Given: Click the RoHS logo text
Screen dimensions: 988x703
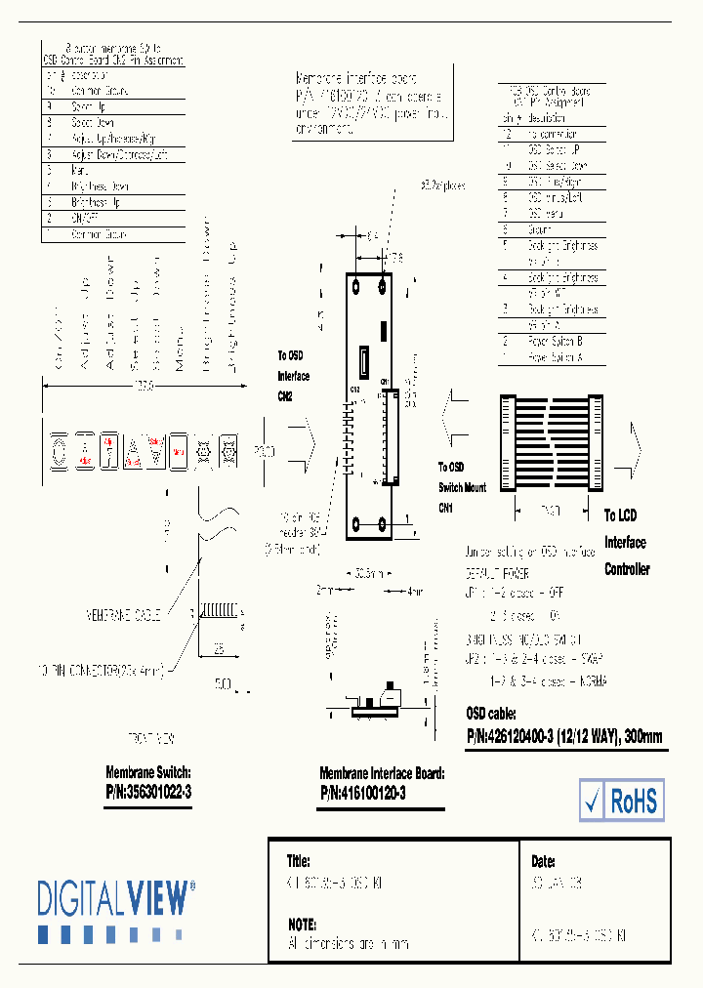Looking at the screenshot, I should click(x=635, y=801).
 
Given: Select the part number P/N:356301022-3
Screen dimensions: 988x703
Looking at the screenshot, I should click(x=148, y=793).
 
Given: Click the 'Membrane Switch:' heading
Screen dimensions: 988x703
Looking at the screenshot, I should click(x=148, y=772).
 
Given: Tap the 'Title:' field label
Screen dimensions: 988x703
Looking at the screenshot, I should click(x=298, y=862).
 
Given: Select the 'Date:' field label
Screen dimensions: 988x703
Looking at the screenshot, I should click(x=544, y=862).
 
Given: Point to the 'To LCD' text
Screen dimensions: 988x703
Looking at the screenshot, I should click(x=620, y=515).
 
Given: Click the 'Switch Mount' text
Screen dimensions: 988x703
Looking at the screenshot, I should click(x=462, y=487).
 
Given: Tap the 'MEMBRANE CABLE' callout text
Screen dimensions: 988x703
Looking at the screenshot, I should click(x=121, y=615).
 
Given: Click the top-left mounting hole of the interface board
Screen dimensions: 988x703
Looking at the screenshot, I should click(x=358, y=285).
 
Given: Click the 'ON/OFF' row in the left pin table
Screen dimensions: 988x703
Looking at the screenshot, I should click(x=85, y=219).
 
